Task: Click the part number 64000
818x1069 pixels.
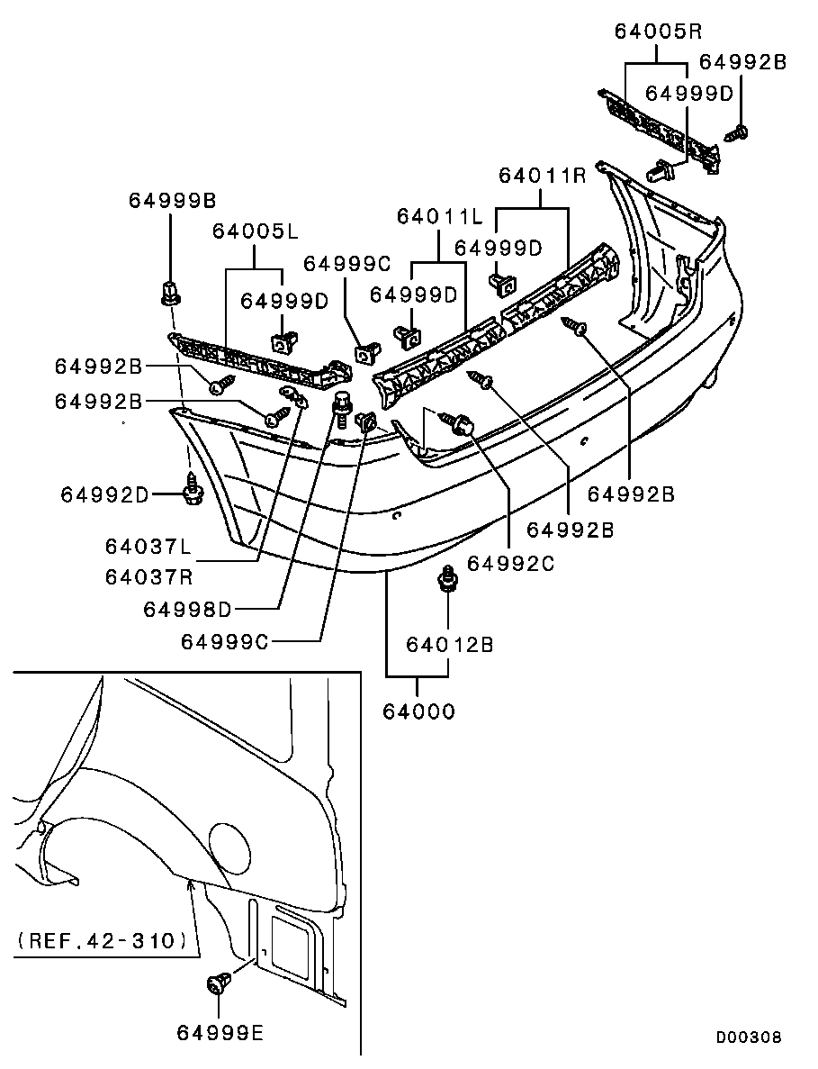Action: click(418, 711)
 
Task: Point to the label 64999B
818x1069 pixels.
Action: click(171, 200)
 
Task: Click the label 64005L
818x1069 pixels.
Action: click(255, 231)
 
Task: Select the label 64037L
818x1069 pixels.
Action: click(148, 547)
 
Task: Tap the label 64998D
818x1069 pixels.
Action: click(186, 610)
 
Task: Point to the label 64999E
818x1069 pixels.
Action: click(220, 1033)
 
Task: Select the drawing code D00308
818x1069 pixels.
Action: click(748, 1037)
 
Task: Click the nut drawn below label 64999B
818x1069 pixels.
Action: click(168, 292)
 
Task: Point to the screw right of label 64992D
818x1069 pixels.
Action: click(193, 490)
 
